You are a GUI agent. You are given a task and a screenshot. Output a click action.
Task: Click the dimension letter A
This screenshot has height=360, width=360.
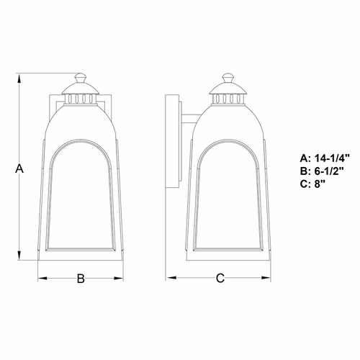[x=20, y=168]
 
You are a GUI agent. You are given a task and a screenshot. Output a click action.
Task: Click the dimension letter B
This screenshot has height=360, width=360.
[x=81, y=277]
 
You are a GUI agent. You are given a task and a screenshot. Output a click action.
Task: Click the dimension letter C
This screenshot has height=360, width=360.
[x=221, y=277]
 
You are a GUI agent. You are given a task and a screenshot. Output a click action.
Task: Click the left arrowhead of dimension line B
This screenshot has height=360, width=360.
[x=40, y=277]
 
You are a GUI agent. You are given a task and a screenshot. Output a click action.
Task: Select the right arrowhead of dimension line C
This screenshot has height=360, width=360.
[x=271, y=277]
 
